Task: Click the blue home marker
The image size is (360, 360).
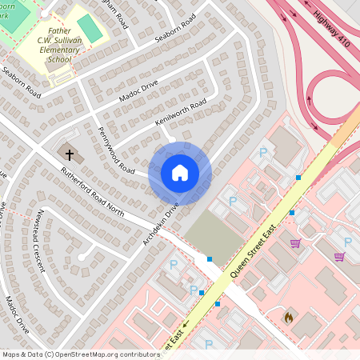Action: click(x=180, y=173)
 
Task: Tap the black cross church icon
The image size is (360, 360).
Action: click(x=69, y=154)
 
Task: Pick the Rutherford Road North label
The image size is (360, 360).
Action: click(x=93, y=193)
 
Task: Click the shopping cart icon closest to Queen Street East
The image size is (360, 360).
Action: click(x=296, y=242)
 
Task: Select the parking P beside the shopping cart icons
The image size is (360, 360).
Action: click(x=347, y=242)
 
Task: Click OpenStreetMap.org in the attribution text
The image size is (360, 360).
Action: click(x=94, y=354)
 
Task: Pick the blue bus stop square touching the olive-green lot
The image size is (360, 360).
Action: click(x=210, y=259)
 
